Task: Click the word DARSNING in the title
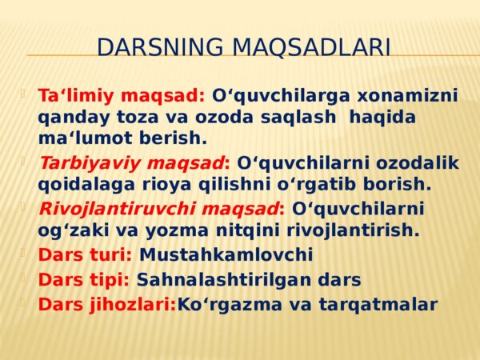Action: pyautogui.click(x=160, y=47)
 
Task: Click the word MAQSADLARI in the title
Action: pyautogui.click(x=311, y=48)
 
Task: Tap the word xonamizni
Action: pyautogui.click(x=407, y=95)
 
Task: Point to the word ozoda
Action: pyautogui.click(x=224, y=118)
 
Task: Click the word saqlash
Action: pyautogui.click(x=298, y=118)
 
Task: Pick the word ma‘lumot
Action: pyautogui.click(x=85, y=138)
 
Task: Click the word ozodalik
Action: pyautogui.click(x=418, y=162)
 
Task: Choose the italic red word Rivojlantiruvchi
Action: pyautogui.click(x=117, y=210)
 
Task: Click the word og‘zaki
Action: pyautogui.click(x=74, y=231)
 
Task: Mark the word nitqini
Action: pyautogui.click(x=248, y=231)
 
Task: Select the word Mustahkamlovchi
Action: pyautogui.click(x=226, y=254)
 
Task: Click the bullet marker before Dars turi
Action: pyautogui.click(x=22, y=253)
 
